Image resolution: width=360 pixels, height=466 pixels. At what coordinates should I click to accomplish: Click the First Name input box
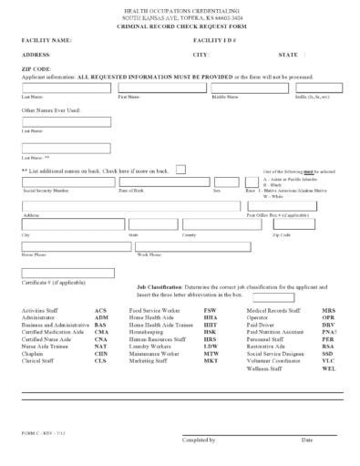(x=161, y=88)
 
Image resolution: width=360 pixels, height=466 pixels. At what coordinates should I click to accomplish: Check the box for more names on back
(x=180, y=169)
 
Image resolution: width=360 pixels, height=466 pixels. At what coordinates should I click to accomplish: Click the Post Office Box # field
(x=289, y=206)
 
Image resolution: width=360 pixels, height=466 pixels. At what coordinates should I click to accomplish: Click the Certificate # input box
(x=67, y=273)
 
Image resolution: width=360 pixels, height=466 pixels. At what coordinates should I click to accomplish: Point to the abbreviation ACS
(x=100, y=311)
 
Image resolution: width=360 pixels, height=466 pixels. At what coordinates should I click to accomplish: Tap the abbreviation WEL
(x=329, y=369)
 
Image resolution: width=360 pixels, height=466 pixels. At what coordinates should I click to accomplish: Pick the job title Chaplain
(x=36, y=355)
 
